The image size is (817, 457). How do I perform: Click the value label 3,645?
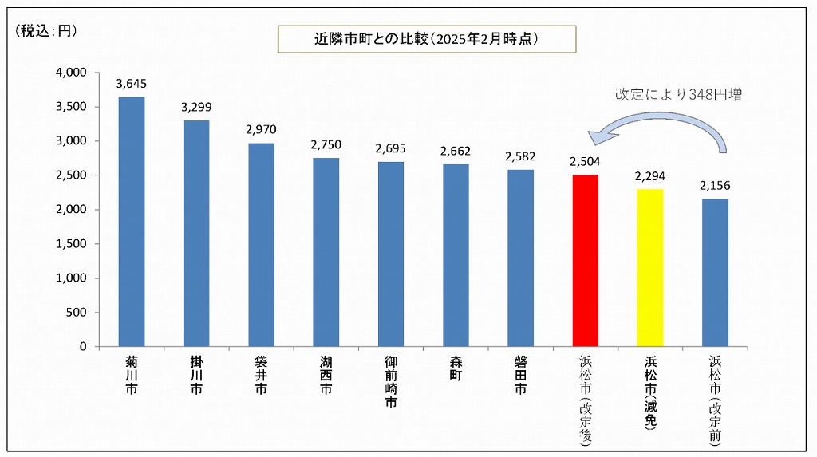132,84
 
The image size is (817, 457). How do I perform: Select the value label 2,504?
586,161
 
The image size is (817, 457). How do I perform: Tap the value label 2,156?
715,185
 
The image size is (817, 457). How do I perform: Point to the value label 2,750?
326,145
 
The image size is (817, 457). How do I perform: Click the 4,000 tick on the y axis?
71,73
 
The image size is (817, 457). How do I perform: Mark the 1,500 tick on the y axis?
71,244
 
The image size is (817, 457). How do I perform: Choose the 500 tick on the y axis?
77,313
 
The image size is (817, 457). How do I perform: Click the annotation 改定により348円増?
678,94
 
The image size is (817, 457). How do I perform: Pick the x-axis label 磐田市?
520,376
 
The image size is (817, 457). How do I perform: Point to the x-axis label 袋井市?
261,376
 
